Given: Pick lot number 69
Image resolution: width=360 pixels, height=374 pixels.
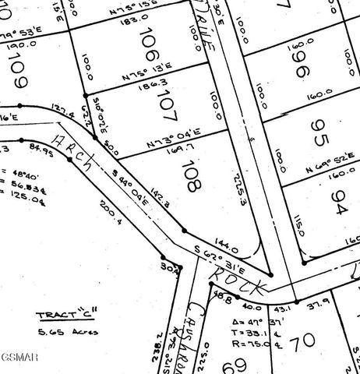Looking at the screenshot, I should click(x=231, y=365).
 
